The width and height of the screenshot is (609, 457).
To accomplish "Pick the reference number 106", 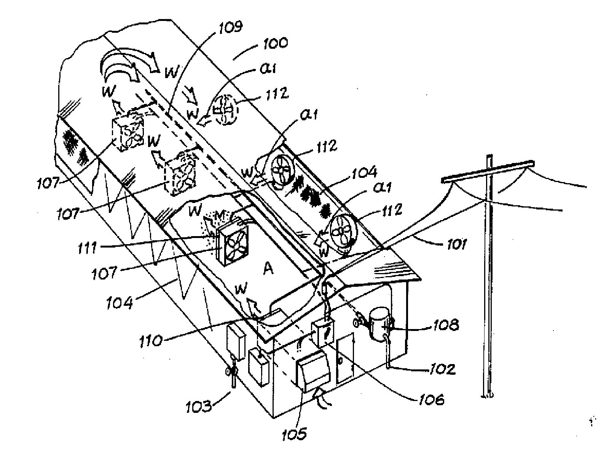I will pyautogui.click(x=432, y=399).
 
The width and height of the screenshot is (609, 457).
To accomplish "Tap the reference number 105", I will pyautogui.click(x=295, y=433).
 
